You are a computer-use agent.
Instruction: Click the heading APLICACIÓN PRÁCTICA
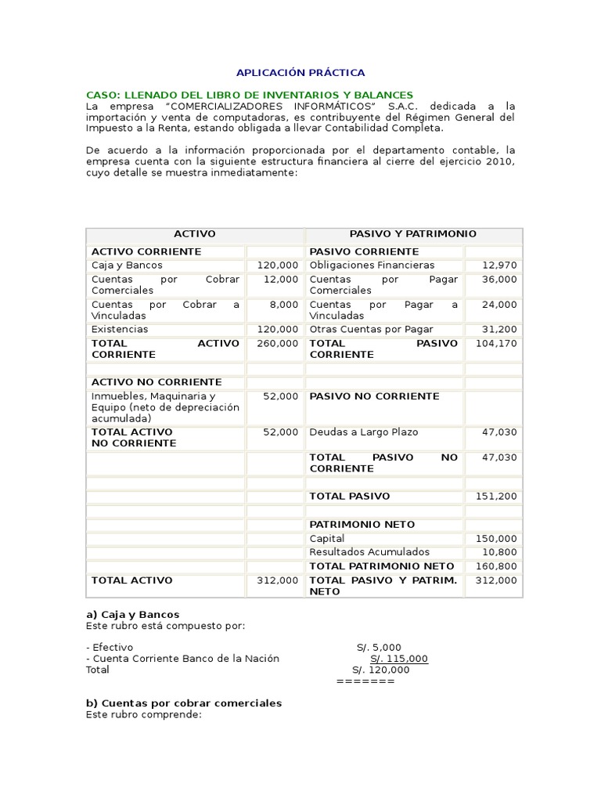(x=300, y=72)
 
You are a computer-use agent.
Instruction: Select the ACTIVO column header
(x=194, y=234)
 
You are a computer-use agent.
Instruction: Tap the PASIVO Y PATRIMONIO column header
(x=412, y=234)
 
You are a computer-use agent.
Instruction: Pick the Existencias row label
(x=120, y=330)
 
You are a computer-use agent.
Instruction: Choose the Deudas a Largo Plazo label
(x=364, y=432)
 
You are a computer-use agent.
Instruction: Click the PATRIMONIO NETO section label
(x=362, y=525)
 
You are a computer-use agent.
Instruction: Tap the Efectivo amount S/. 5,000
(x=379, y=648)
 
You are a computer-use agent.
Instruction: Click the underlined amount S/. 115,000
(x=399, y=659)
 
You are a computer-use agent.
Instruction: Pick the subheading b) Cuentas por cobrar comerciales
(x=183, y=703)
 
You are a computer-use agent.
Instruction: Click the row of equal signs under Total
(x=365, y=681)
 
